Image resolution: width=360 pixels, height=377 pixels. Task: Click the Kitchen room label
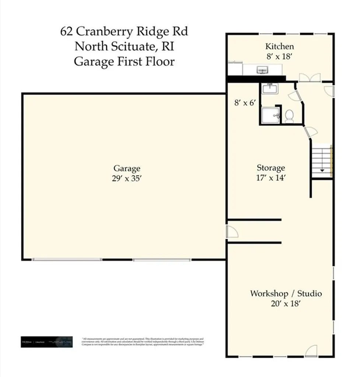click(x=280, y=46)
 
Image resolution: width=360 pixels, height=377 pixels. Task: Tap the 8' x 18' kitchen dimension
click(x=280, y=57)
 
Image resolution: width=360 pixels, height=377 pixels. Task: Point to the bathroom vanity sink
click(x=270, y=88)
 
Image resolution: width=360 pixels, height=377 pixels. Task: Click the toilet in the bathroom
click(x=289, y=116)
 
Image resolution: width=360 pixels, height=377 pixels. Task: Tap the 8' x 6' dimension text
click(x=245, y=103)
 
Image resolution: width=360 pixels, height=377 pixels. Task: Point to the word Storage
click(x=271, y=168)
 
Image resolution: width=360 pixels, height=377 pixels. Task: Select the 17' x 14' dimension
click(x=271, y=177)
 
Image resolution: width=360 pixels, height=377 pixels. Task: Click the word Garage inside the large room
click(x=127, y=169)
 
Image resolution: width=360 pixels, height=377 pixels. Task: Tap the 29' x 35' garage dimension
click(x=127, y=178)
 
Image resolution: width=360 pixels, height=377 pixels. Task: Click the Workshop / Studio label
click(x=286, y=293)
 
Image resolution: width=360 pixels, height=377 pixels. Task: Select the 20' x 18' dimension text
click(x=286, y=303)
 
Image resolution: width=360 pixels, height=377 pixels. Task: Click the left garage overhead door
click(x=67, y=260)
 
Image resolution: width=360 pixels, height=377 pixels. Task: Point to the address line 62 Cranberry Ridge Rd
click(x=124, y=31)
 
